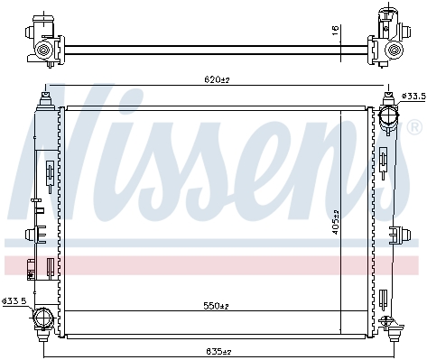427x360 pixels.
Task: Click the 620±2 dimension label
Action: coord(217,79)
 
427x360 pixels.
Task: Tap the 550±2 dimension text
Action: coord(216,306)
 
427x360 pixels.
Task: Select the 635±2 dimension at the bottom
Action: coord(218,351)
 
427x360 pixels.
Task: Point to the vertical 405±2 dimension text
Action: coord(336,222)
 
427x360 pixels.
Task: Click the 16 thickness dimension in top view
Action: coord(336,31)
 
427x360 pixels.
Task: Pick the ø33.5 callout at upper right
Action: coord(414,97)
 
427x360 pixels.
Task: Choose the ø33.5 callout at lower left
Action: coord(14,300)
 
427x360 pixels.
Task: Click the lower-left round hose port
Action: coord(43,318)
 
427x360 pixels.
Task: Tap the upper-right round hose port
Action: coord(388,115)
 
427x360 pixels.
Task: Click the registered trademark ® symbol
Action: coord(414,127)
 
